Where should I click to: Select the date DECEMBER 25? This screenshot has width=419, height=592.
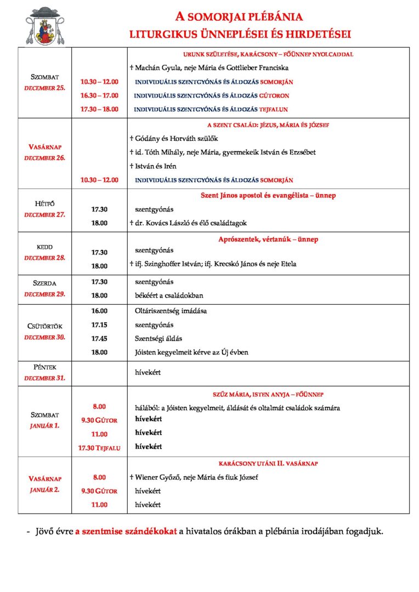(44, 88)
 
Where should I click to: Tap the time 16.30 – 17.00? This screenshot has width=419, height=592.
(99, 95)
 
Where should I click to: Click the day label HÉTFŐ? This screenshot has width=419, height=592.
(44, 204)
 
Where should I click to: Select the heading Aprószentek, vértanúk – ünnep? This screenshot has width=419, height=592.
(268, 239)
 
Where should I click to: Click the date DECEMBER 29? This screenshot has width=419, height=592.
(44, 294)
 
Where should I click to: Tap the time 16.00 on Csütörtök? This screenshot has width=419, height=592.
(99, 311)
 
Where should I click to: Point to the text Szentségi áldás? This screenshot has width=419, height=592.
(158, 338)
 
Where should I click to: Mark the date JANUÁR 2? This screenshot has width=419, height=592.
(44, 489)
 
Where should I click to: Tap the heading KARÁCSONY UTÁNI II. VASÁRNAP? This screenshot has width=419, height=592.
(268, 464)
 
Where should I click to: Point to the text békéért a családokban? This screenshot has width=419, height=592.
(169, 295)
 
